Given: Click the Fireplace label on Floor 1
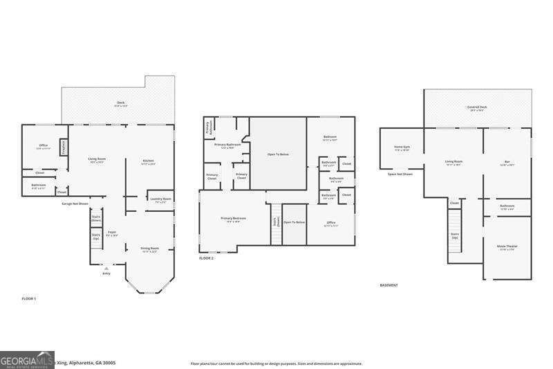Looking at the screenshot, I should (63, 148).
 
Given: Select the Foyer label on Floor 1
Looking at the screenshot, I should (112, 233).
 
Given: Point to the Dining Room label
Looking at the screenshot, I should (150, 249).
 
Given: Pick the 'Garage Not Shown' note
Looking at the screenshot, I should (75, 204).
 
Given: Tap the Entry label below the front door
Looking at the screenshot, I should (106, 273).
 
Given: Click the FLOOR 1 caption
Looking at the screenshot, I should (29, 298).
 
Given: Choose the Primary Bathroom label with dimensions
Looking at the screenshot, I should (228, 145).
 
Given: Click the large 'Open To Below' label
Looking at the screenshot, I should (278, 154).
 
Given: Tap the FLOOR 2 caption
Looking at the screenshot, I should (207, 258).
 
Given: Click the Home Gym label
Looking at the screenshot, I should (402, 147).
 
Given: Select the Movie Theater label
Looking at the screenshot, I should (507, 247).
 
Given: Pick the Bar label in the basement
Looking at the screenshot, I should (507, 163).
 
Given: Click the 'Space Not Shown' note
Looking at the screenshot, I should (400, 174).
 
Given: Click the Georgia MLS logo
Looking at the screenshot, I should (27, 360).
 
